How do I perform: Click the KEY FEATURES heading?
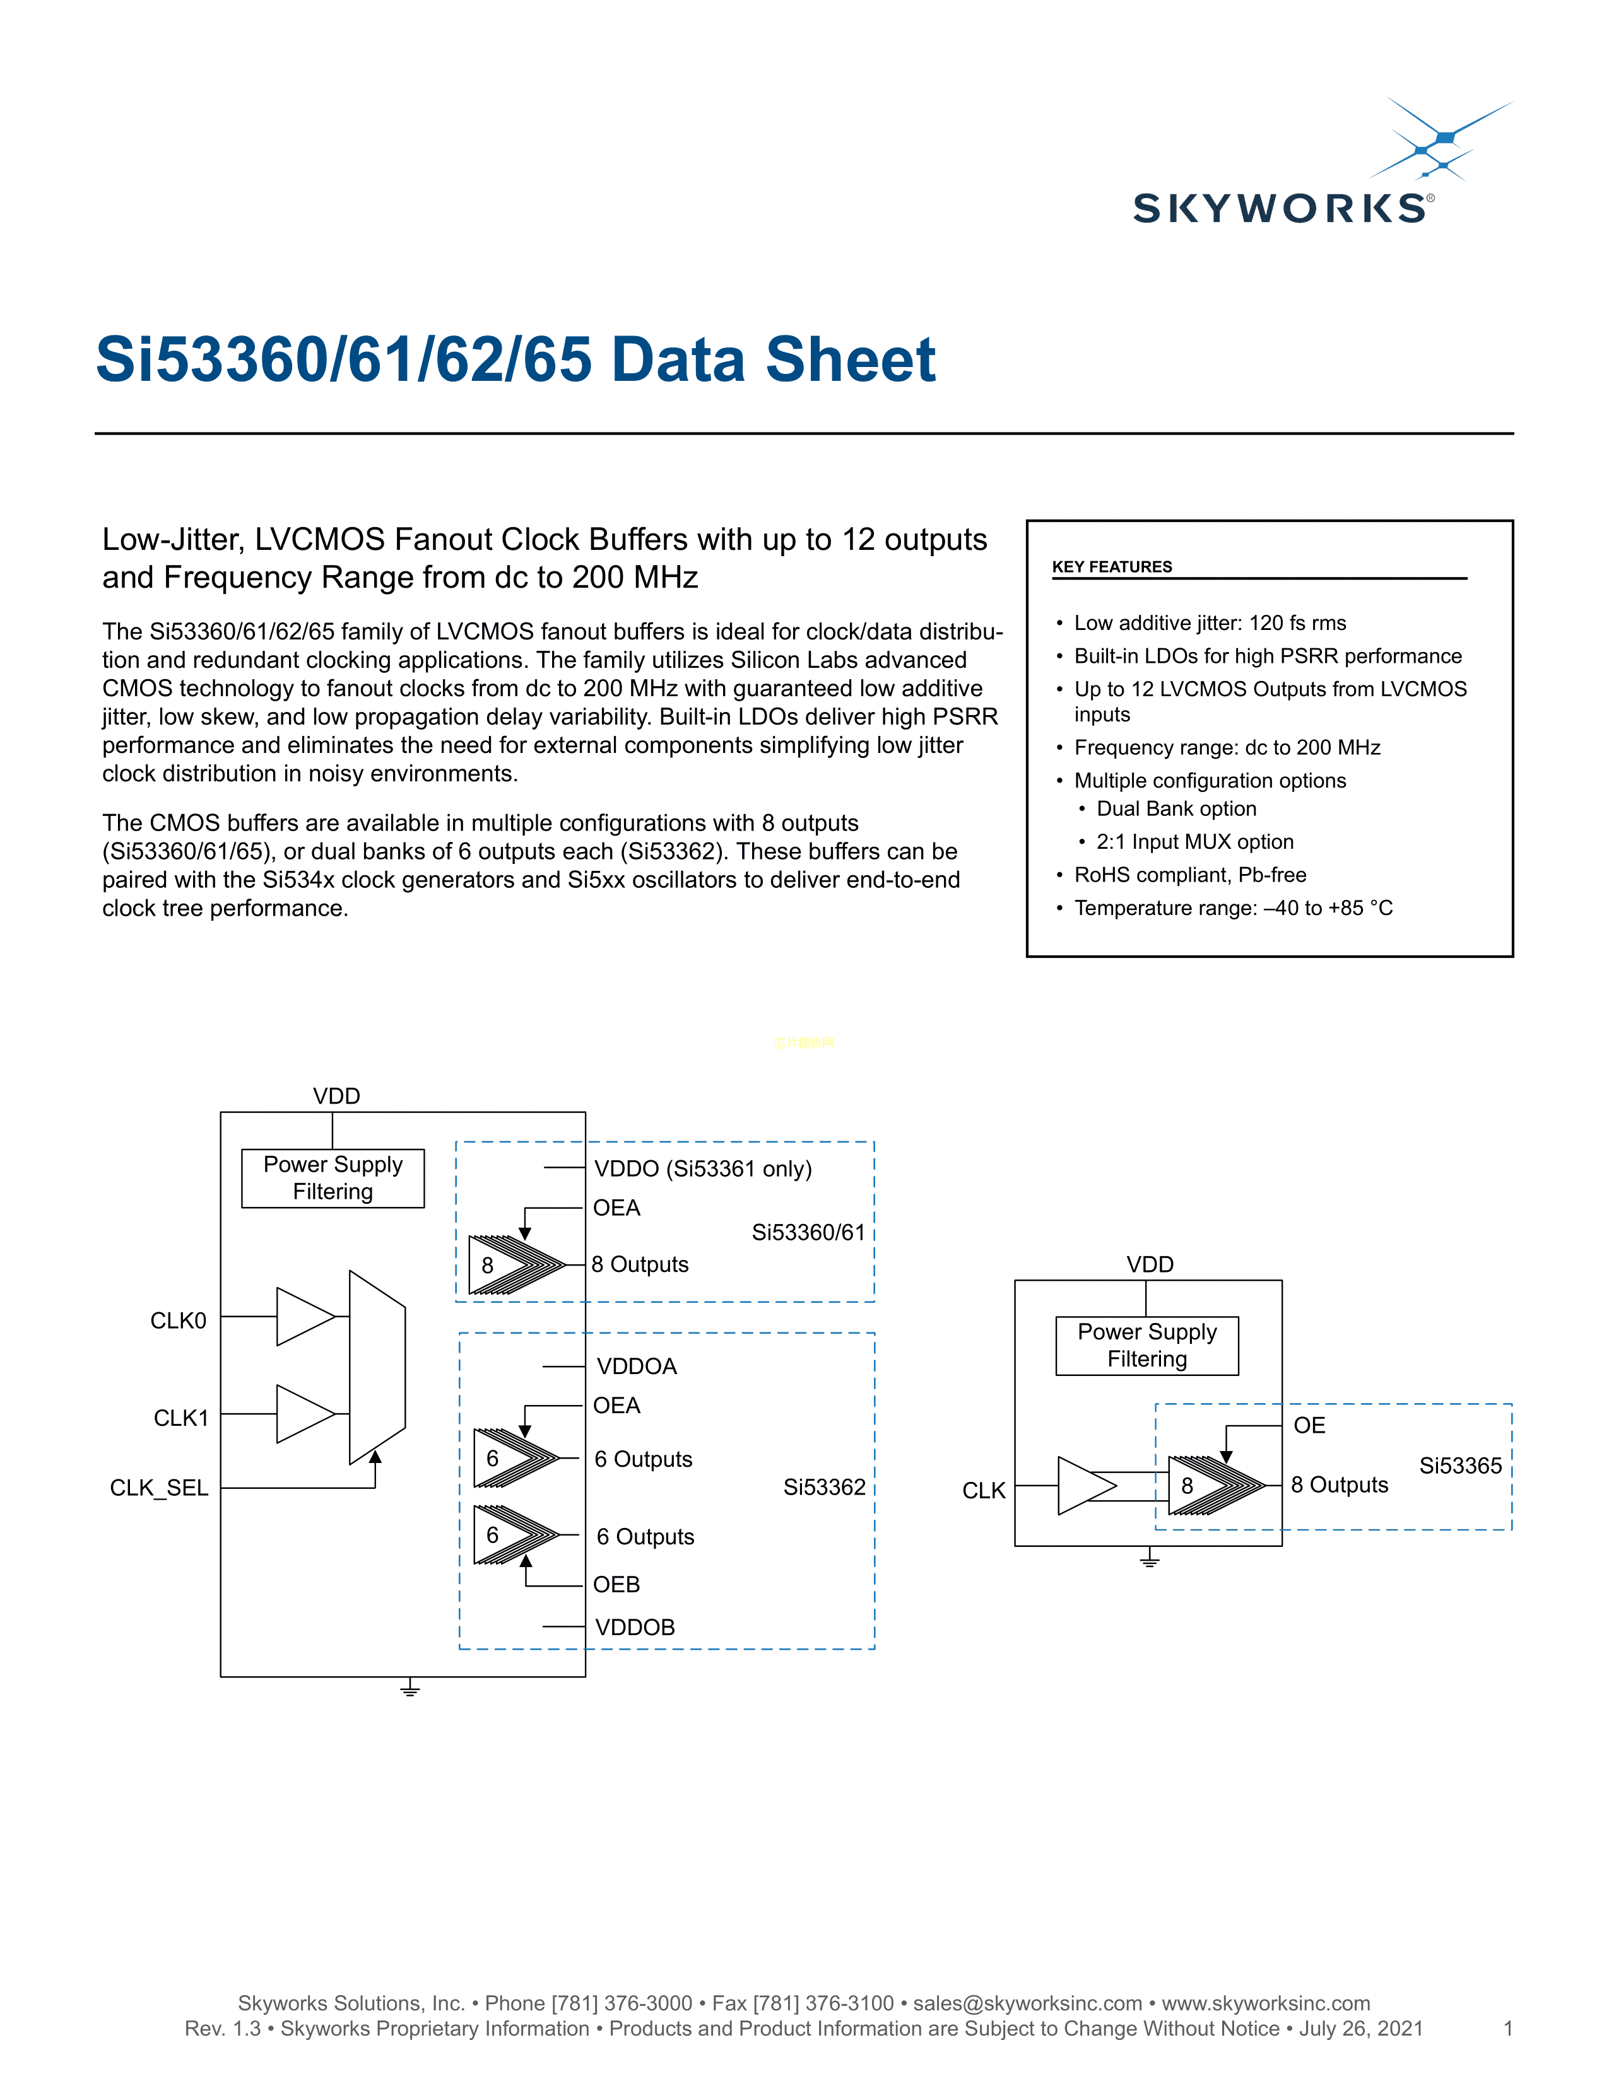[1111, 567]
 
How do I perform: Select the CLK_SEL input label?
[159, 1488]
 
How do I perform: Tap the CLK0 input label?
[178, 1320]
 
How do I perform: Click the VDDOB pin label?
[635, 1628]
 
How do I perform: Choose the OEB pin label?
[616, 1585]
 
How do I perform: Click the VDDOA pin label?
[637, 1367]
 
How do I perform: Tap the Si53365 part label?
[1460, 1466]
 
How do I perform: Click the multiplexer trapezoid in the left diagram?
[377, 1367]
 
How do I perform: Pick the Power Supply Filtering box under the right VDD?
[1146, 1346]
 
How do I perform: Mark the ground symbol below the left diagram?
[410, 1689]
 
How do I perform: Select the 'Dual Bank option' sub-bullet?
[1176, 809]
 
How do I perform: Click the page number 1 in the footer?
[1508, 2029]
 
